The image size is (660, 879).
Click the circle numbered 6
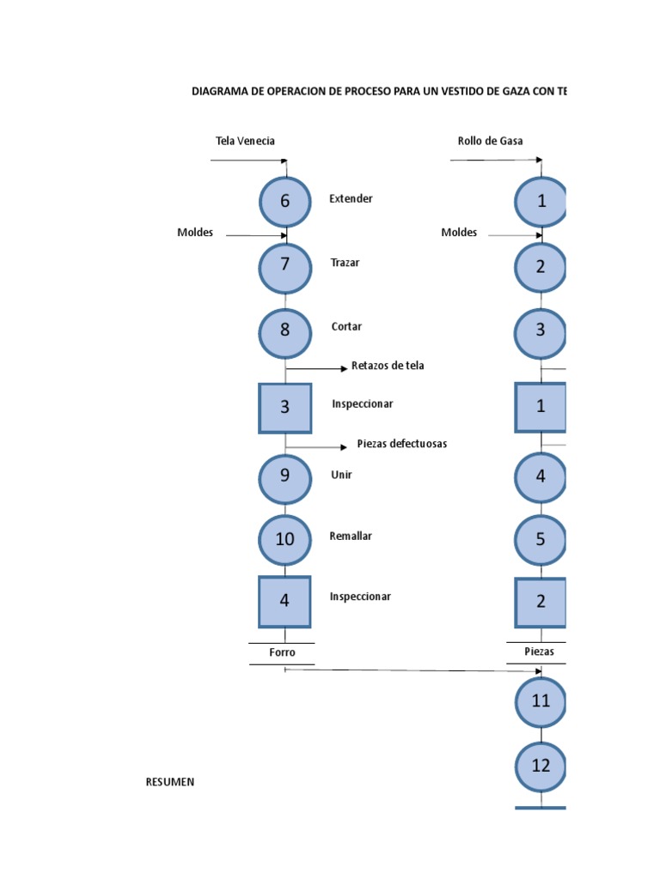[284, 201]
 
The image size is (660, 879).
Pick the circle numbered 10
[284, 539]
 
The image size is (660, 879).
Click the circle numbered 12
[541, 766]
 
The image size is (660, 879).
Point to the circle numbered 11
[541, 701]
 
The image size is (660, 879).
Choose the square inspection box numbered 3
[284, 408]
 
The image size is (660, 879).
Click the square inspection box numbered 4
[284, 601]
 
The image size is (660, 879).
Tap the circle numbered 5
[541, 539]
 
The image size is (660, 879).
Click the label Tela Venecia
[245, 141]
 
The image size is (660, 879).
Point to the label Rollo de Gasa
[491, 141]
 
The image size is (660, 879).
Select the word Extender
[351, 198]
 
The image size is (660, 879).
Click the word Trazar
[345, 263]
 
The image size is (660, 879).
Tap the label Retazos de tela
[388, 366]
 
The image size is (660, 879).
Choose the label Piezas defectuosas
[402, 444]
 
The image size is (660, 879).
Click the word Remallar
[351, 536]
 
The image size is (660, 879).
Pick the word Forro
[282, 652]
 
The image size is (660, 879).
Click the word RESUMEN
[170, 781]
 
